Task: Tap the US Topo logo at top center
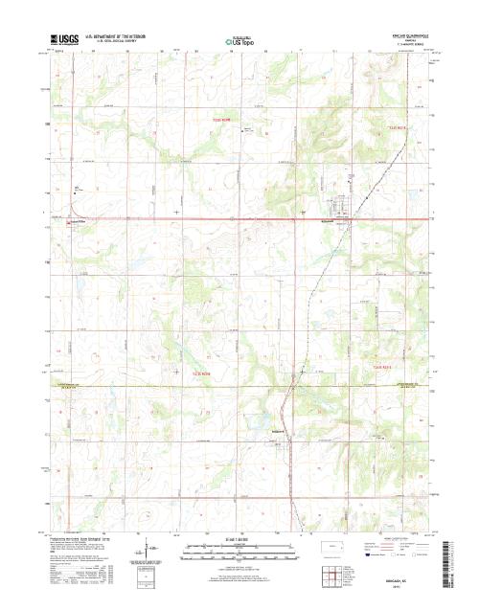pos(239,41)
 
